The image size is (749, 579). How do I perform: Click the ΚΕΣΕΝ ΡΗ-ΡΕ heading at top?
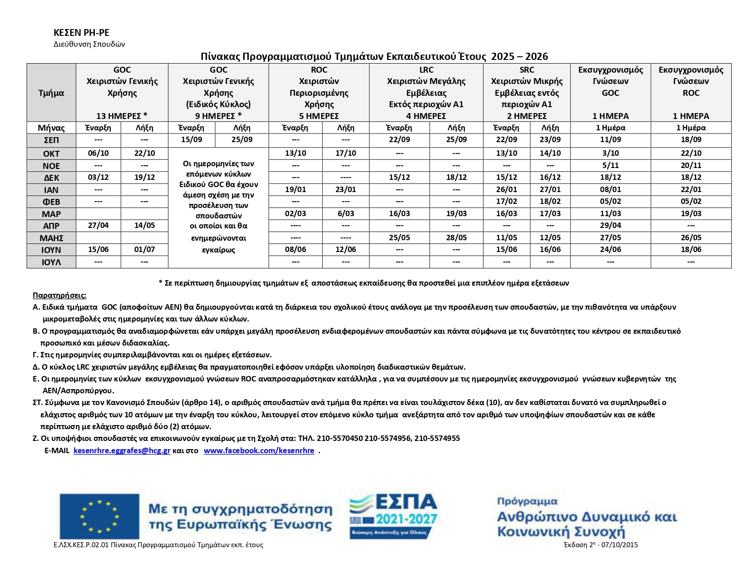81,33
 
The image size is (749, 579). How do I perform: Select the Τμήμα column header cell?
51,93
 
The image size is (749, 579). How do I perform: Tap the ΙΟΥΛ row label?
51,262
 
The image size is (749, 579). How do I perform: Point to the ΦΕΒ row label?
51,202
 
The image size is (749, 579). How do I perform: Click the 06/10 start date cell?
99,153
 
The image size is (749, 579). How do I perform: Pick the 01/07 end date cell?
144,249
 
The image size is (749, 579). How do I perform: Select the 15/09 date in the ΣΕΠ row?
192,140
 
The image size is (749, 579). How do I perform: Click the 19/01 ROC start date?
296,189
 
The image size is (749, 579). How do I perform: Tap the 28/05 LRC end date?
456,238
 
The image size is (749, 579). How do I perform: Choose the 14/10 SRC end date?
550,153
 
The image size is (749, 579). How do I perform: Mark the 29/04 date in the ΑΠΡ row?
611,225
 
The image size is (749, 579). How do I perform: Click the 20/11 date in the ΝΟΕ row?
691,165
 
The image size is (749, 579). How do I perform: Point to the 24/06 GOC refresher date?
611,249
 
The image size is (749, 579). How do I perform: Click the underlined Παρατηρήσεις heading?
59,295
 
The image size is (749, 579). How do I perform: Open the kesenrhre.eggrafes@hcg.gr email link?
122,450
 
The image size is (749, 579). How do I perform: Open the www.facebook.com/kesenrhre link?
259,450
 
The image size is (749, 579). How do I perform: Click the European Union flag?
99,516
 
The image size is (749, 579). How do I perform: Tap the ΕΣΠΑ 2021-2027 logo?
393,516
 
